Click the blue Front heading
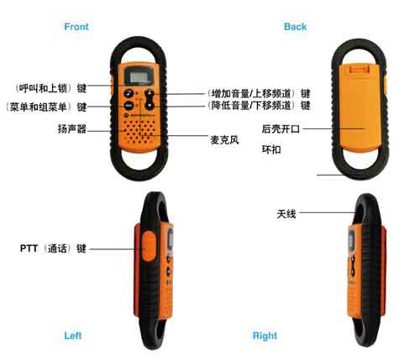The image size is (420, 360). [76, 27]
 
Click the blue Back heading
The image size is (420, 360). [295, 27]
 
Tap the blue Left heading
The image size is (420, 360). [72, 336]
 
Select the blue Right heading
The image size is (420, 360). [265, 336]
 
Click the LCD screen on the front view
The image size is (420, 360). [139, 76]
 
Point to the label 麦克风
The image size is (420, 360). [224, 140]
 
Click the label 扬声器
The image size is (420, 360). [71, 129]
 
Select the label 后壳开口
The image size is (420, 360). [281, 129]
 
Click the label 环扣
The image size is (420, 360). [271, 149]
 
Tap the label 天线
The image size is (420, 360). [286, 214]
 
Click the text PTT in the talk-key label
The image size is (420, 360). [29, 248]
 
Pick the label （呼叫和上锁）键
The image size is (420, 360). [50, 88]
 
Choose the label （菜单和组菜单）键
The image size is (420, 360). [46, 107]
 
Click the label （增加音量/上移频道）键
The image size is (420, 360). [259, 93]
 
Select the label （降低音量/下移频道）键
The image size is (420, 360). [259, 106]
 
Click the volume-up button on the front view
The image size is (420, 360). [150, 94]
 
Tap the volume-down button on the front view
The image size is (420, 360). [150, 106]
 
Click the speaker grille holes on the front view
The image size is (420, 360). [139, 132]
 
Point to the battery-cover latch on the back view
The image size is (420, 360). [360, 70]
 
